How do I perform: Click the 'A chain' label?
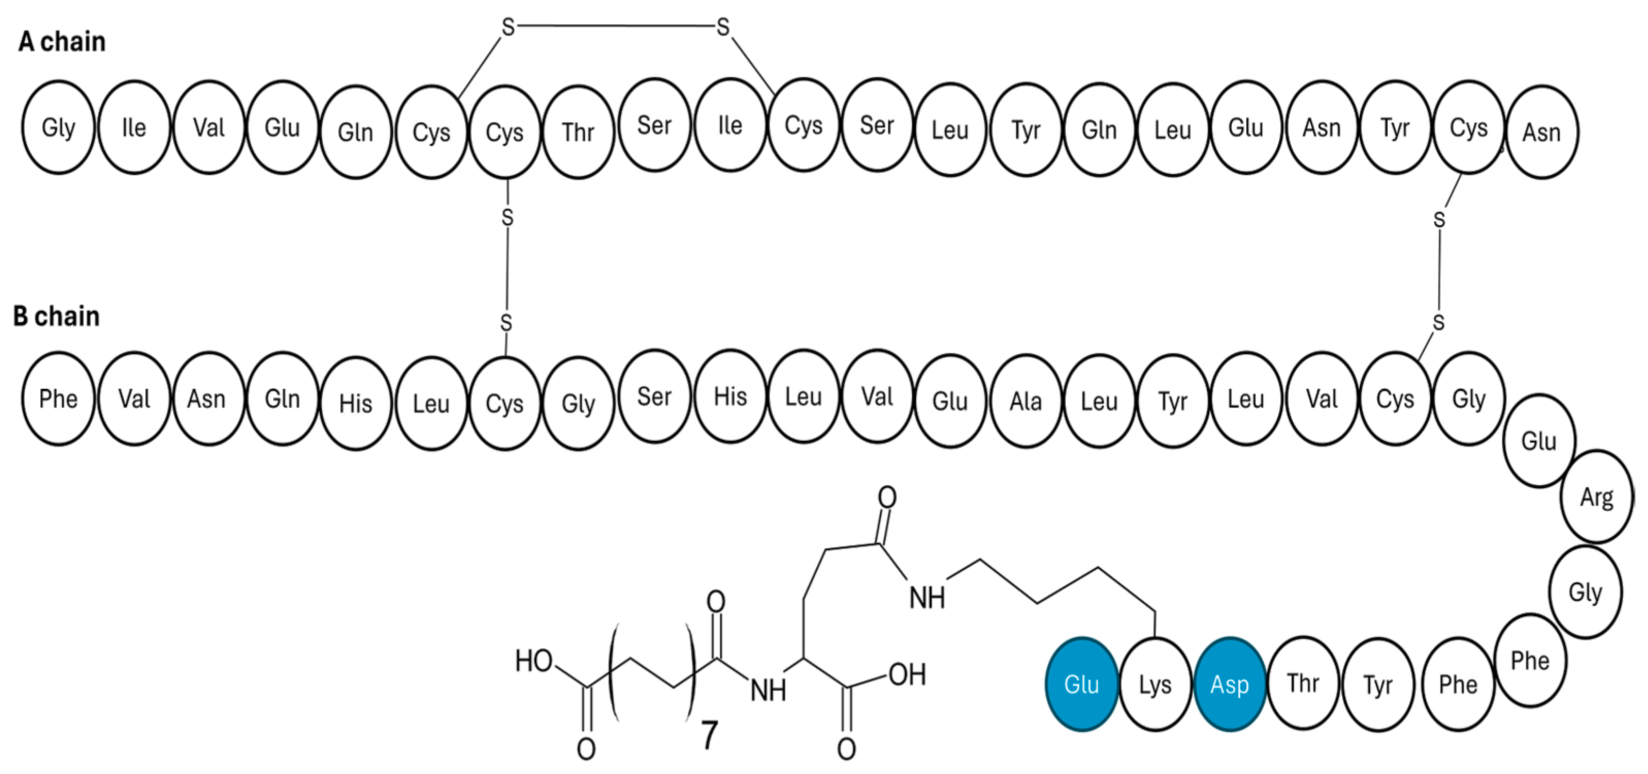[x=61, y=42]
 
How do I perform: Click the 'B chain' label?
[x=56, y=316]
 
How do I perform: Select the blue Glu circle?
[x=1081, y=684]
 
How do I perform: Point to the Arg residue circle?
[x=1597, y=497]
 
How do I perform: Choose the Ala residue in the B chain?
[x=1026, y=401]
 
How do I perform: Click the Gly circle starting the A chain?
[x=58, y=127]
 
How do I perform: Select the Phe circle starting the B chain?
[x=58, y=399]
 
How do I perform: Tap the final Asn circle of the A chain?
[x=1542, y=133]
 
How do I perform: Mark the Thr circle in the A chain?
[x=578, y=133]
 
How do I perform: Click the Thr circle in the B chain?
[x=1303, y=683]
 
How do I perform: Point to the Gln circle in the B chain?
[x=282, y=399]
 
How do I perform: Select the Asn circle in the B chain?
[x=207, y=399]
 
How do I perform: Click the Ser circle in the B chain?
[x=654, y=397]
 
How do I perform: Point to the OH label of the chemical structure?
[x=907, y=674]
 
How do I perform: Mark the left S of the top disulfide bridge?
[x=508, y=27]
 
